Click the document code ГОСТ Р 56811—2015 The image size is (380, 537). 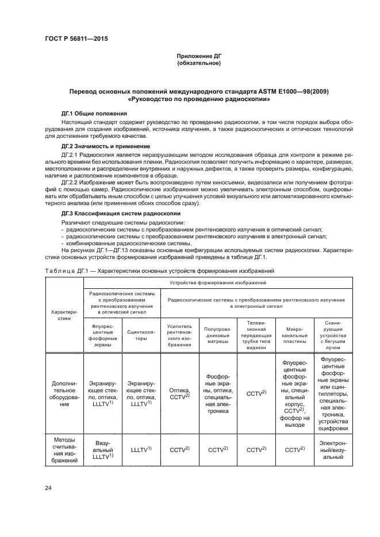[76, 38]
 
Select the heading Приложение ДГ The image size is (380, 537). [199, 56]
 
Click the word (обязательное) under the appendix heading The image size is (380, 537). [199, 63]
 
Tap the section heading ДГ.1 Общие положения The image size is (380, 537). [94, 114]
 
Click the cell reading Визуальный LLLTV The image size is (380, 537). [103, 451]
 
